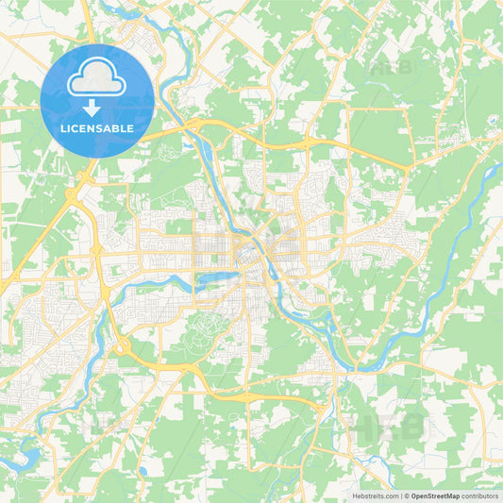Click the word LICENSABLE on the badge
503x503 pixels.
click(97, 128)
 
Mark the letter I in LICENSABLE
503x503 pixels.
click(69, 128)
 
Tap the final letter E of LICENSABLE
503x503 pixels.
click(137, 128)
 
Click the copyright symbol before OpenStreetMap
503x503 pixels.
click(406, 495)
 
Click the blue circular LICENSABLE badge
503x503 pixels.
click(97, 100)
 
